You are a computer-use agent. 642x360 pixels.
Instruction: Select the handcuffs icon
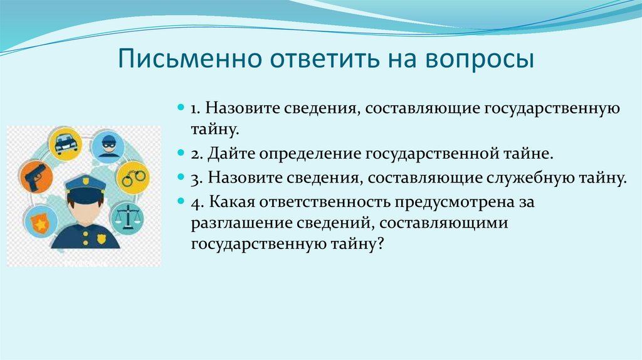click(x=133, y=177)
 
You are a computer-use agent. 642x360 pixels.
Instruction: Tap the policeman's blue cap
click(x=85, y=185)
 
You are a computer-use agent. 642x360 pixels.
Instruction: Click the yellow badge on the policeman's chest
click(x=101, y=239)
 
